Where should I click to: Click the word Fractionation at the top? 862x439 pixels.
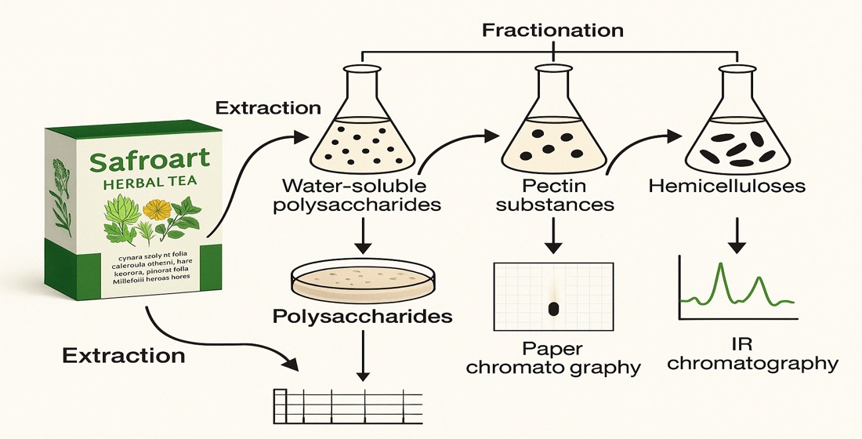553,31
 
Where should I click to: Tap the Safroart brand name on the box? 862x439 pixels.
150,161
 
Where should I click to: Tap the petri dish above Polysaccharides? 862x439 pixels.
361,281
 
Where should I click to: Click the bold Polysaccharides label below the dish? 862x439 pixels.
362,317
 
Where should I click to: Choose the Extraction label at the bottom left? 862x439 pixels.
124,355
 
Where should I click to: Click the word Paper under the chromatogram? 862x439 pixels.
553,348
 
